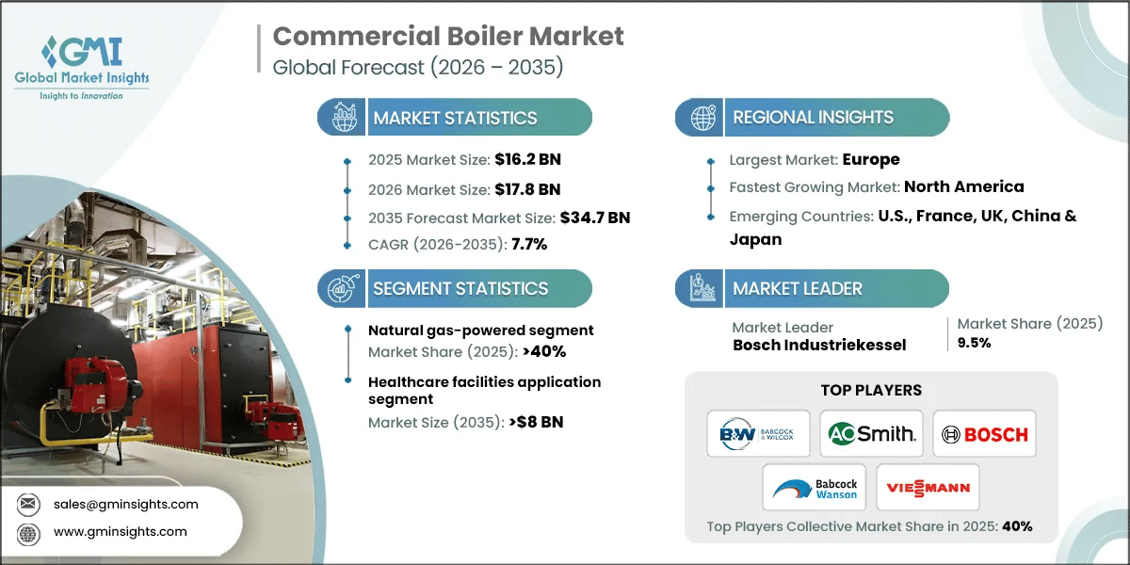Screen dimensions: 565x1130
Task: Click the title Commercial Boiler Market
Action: [x=447, y=37]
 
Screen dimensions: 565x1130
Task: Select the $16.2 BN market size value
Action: [x=527, y=159]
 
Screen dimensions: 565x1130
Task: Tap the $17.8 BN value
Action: [x=527, y=188]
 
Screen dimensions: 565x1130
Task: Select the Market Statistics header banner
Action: [x=455, y=118]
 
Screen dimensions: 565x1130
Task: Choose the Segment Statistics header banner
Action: [x=455, y=289]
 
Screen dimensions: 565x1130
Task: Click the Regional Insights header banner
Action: [x=812, y=118]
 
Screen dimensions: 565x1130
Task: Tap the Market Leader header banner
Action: [x=812, y=289]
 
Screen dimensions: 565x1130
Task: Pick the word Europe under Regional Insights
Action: [x=870, y=159]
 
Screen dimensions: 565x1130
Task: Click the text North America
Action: [x=963, y=186]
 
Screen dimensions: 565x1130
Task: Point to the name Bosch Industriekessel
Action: [x=819, y=345]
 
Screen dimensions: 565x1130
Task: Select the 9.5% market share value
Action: [x=974, y=343]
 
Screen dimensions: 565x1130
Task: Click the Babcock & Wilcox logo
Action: [x=759, y=434]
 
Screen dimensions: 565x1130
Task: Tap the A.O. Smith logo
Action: [x=871, y=434]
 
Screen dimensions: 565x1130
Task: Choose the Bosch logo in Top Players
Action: [x=984, y=434]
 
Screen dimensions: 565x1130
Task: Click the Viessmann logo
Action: [x=928, y=488]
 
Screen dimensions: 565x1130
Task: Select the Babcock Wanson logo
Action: [x=815, y=488]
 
